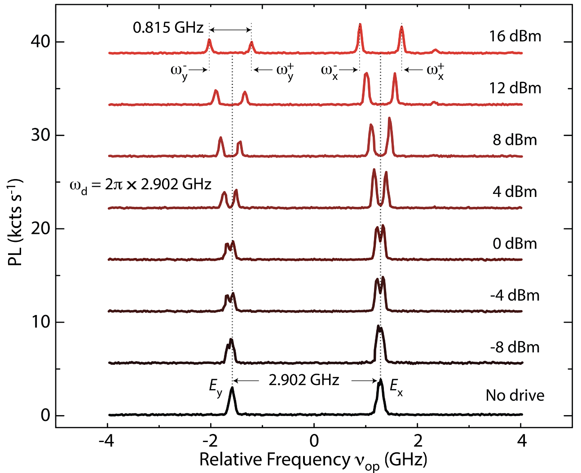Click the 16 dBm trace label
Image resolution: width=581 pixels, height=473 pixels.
515,36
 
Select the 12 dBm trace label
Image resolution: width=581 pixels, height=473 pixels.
515,88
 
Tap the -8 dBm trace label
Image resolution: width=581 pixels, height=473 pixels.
515,347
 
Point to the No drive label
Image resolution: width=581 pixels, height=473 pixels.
515,395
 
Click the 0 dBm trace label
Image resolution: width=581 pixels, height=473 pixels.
515,244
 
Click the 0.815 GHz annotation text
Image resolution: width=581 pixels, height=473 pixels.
168,28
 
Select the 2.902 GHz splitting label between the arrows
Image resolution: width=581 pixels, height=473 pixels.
304,380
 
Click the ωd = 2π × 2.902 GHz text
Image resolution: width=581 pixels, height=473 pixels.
140,184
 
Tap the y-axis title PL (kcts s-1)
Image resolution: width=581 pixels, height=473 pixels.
15,222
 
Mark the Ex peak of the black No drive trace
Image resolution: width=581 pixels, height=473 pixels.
380,381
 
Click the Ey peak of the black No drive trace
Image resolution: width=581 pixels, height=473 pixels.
232,388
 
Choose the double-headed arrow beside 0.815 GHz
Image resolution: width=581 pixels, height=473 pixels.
230,30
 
